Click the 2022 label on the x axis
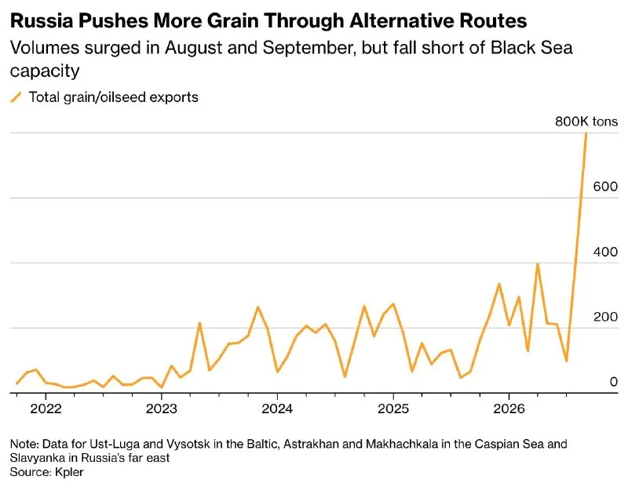click(46, 409)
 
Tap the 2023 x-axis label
click(162, 409)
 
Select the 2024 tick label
click(277, 409)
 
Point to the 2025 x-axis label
click(393, 409)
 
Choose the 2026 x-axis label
click(509, 409)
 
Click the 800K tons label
click(586, 122)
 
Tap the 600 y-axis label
click(605, 187)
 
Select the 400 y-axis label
click(605, 252)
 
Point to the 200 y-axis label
click(605, 317)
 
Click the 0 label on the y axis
click(614, 382)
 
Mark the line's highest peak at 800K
click(586, 133)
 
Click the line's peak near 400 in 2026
click(538, 263)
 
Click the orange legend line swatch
click(16, 97)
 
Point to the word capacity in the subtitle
click(45, 71)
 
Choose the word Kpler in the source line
click(69, 472)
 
